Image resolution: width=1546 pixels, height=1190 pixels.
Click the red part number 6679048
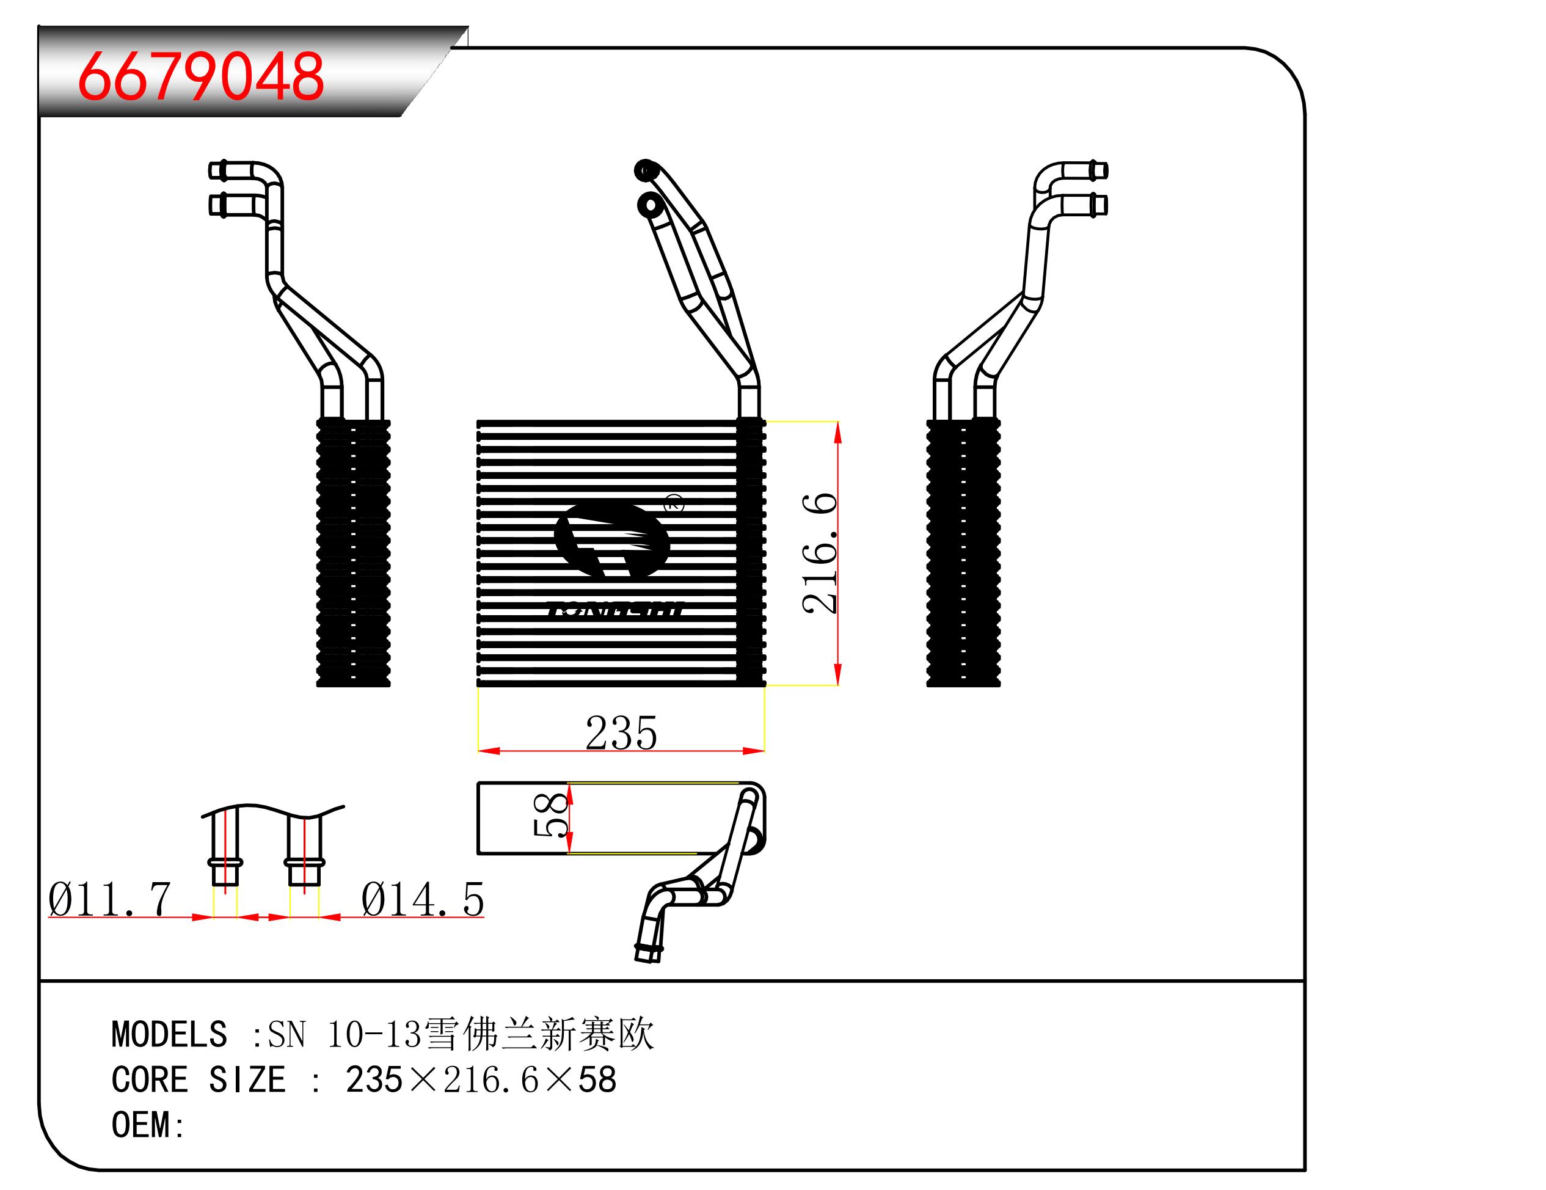tap(201, 76)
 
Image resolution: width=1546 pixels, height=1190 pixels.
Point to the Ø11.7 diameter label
tap(110, 900)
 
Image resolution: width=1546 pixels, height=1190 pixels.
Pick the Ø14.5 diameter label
tap(422, 900)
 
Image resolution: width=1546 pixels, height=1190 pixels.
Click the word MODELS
tap(169, 1034)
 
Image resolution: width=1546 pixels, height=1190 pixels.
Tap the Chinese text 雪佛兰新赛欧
tap(539, 1034)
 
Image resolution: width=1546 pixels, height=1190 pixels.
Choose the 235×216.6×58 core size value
tap(481, 1080)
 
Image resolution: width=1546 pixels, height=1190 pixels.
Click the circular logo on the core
tap(611, 542)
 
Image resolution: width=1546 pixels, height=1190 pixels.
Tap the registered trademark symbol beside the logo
tap(674, 504)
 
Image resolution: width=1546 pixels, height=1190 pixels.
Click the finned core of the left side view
tap(353, 553)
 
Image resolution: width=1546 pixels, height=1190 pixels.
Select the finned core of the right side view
tap(963, 553)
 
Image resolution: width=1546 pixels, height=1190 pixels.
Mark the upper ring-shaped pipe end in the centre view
tap(646, 170)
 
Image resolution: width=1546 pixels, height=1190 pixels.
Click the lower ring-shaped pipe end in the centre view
tap(649, 205)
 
